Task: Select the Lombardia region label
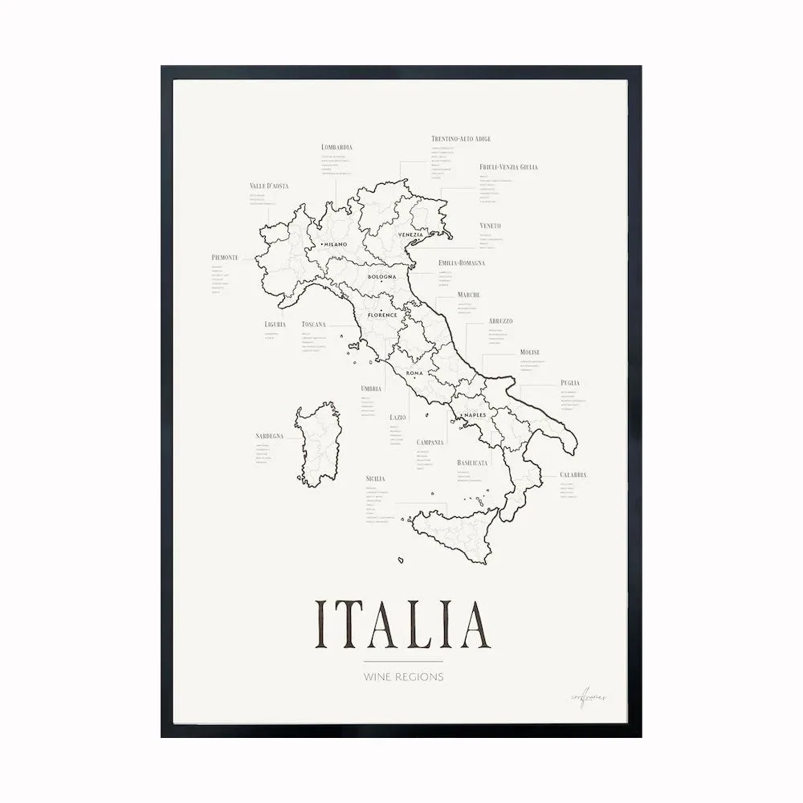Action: point(336,147)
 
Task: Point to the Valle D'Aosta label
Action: point(269,186)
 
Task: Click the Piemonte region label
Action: point(225,257)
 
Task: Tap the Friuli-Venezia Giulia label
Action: point(508,167)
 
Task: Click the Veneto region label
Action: point(490,226)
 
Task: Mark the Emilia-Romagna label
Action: point(462,263)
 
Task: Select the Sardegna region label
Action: point(270,436)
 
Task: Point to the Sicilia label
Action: point(375,479)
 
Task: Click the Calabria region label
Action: point(573,475)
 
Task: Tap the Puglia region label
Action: point(570,383)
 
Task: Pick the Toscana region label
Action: point(313,324)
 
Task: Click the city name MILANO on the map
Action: point(334,244)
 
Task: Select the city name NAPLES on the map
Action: point(464,414)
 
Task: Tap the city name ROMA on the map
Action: point(414,374)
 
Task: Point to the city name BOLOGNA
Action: point(382,277)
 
